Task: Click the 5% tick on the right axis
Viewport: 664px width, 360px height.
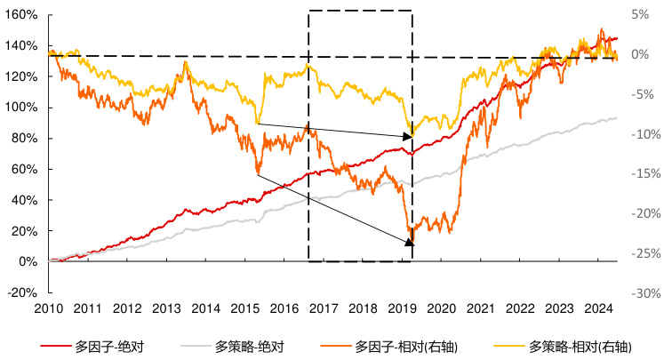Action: click(x=639, y=15)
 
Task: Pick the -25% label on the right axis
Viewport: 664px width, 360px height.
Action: click(x=643, y=253)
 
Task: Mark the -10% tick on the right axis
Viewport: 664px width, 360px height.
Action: click(x=643, y=134)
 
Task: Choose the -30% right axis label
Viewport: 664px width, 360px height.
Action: click(x=643, y=292)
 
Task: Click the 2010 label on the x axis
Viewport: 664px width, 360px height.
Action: click(x=49, y=308)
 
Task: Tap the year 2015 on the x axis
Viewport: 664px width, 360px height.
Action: click(x=245, y=308)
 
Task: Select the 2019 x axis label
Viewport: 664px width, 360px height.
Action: click(x=403, y=308)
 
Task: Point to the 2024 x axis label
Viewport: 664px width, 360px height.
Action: click(x=599, y=308)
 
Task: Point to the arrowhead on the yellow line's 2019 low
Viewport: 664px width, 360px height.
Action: click(x=410, y=135)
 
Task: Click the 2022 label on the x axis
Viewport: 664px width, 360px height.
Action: click(x=521, y=308)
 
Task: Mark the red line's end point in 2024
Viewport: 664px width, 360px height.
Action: click(x=618, y=39)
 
